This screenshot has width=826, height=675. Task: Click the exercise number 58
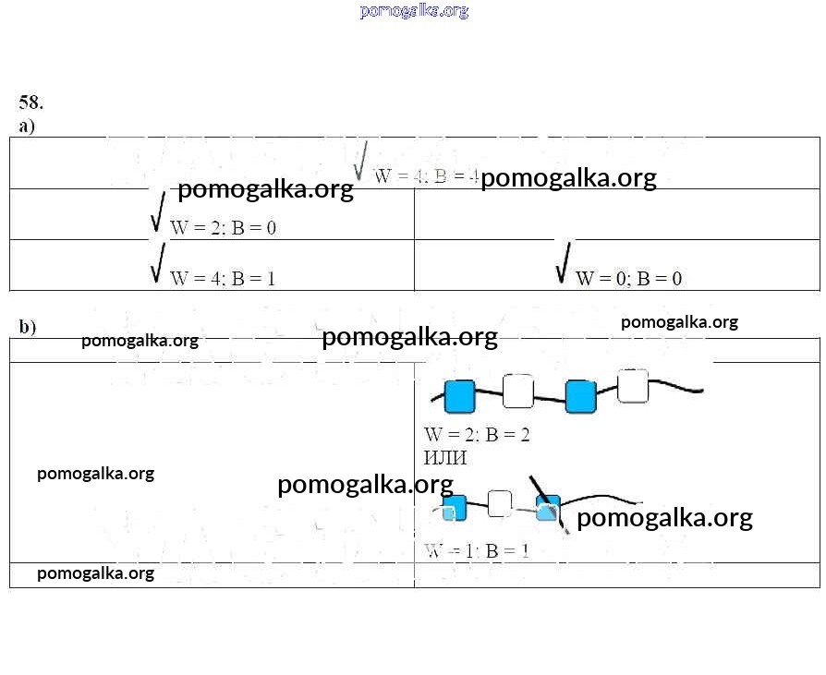[x=30, y=102]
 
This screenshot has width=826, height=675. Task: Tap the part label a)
[x=27, y=126]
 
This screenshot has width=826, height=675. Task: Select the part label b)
[x=27, y=326]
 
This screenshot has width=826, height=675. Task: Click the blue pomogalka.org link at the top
[x=414, y=11]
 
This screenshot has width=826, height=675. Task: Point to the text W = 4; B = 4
[x=426, y=176]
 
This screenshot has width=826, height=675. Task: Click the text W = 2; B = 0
[x=223, y=227]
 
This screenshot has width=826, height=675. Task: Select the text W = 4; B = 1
[x=223, y=278]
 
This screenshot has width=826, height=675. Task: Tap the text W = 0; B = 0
[x=628, y=278]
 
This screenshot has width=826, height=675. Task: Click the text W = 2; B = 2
[x=477, y=434]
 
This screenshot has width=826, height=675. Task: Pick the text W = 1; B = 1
[x=477, y=550]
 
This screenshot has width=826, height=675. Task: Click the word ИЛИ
[x=445, y=458]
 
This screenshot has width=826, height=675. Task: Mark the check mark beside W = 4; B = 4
[x=360, y=161]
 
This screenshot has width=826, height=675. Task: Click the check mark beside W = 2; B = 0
[x=158, y=211]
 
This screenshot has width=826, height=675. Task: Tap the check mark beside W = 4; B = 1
[x=158, y=262]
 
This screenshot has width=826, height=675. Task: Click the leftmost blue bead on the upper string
[x=459, y=396]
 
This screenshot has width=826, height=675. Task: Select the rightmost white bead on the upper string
[x=633, y=386]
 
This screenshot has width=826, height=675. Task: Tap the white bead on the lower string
[x=500, y=503]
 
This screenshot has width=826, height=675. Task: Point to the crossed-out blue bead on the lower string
[x=548, y=510]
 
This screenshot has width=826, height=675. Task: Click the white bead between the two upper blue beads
[x=518, y=391]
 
